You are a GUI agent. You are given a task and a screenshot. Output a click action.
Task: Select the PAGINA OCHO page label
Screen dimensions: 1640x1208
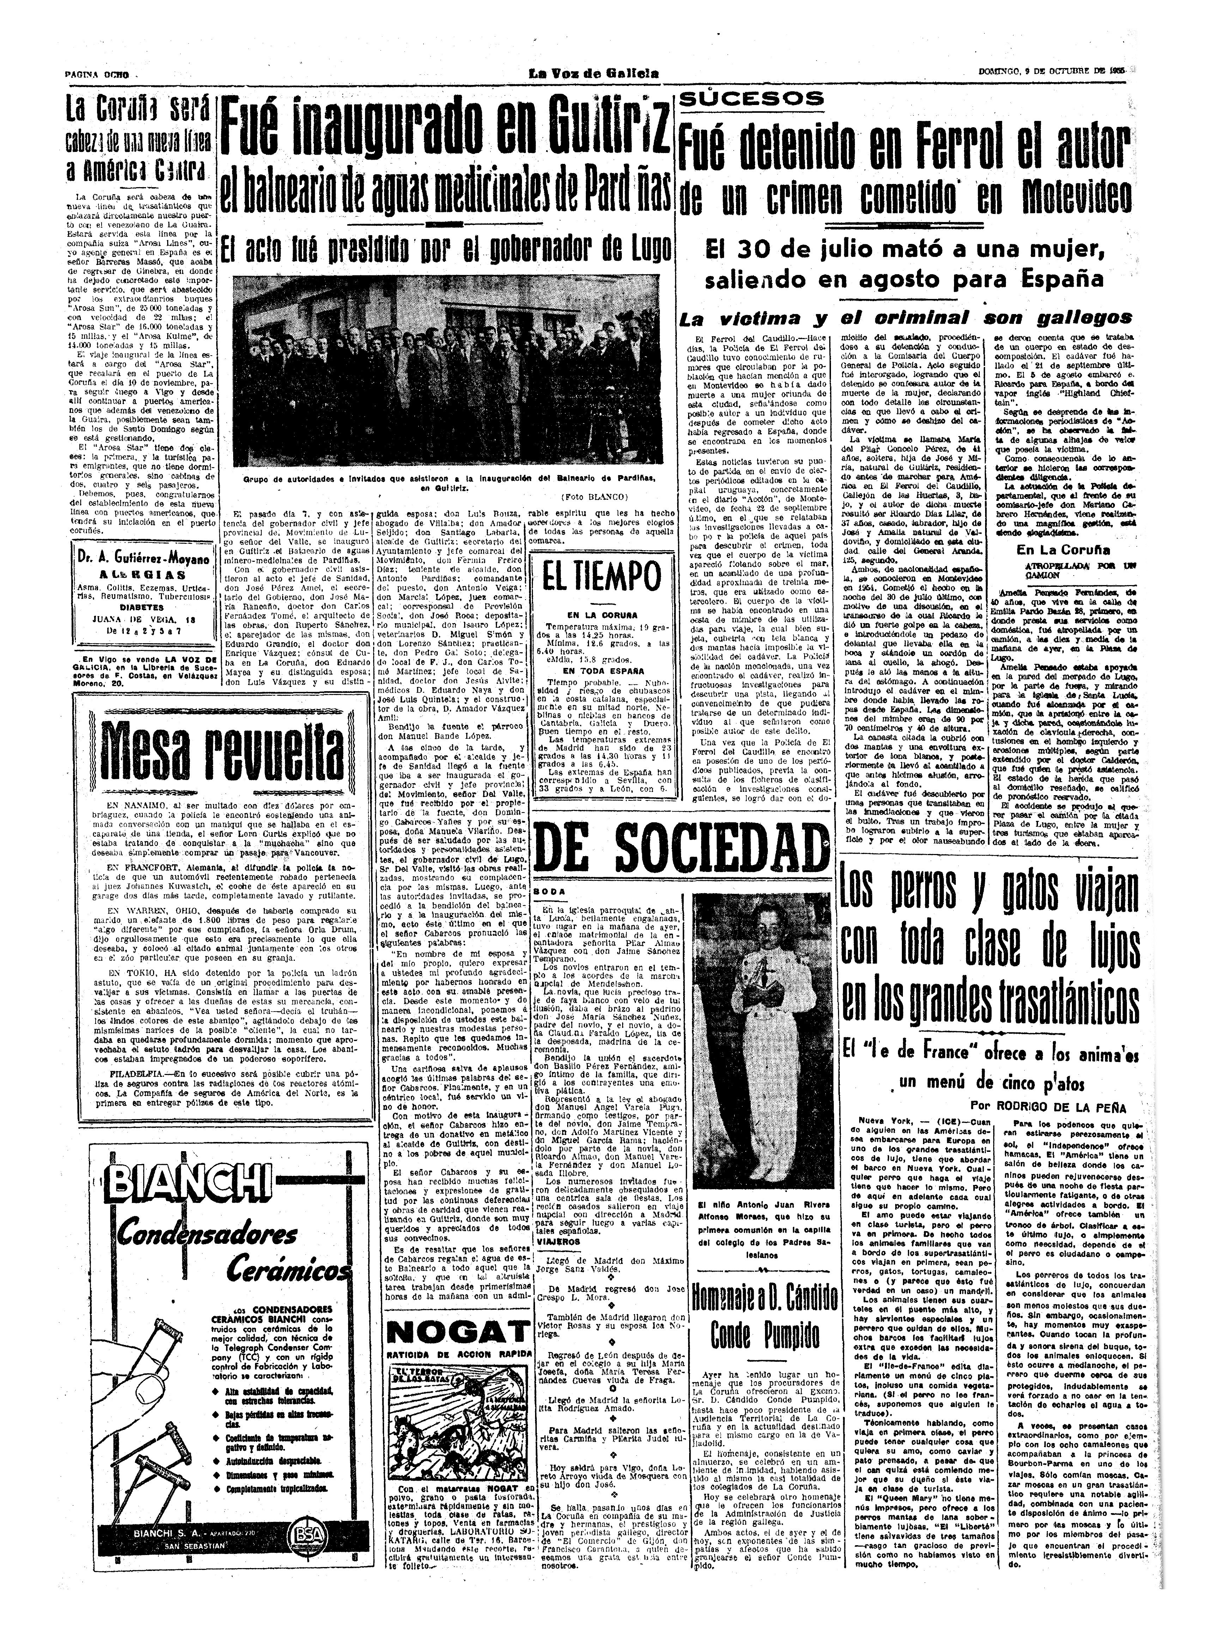97,75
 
